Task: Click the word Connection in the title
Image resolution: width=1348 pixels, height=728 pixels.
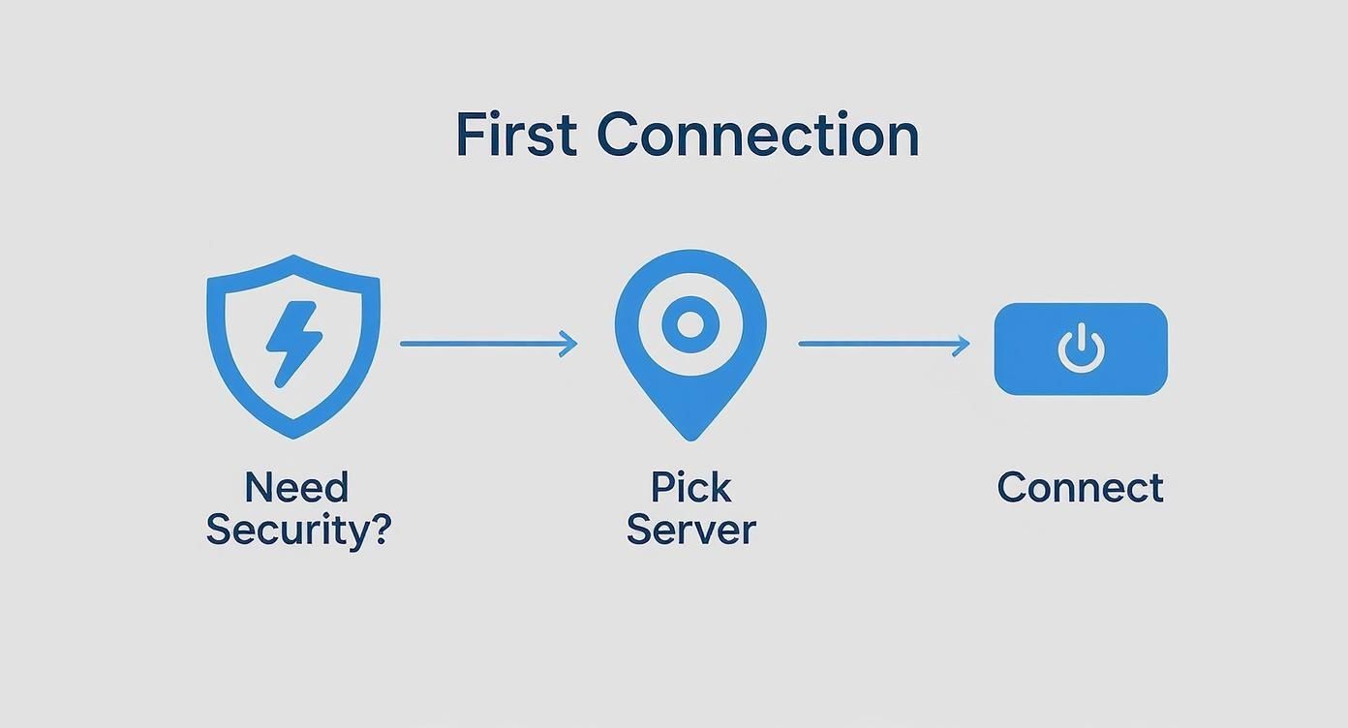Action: point(757,135)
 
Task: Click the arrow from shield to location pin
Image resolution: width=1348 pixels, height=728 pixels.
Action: point(484,344)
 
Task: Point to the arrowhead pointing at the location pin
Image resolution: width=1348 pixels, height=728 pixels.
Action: point(569,344)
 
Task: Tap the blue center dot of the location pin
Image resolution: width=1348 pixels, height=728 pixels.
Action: point(689,325)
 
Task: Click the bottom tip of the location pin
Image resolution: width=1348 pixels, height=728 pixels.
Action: point(689,434)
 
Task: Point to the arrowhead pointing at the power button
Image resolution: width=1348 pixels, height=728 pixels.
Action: point(962,344)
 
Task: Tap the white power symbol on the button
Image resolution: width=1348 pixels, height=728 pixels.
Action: point(1081,349)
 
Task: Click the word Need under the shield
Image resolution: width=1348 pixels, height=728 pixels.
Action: point(296,487)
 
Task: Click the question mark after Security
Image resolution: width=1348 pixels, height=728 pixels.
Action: point(380,530)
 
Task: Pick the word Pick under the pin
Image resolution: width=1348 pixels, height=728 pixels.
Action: point(690,487)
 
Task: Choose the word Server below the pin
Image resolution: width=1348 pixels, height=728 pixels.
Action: point(690,530)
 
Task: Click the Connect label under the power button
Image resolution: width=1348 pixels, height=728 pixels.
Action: point(1080,487)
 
